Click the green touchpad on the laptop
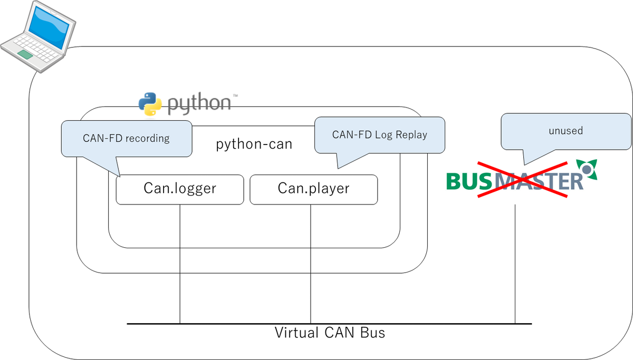click(x=25, y=54)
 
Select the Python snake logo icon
click(x=150, y=103)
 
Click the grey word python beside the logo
click(x=199, y=103)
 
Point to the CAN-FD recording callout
click(x=127, y=138)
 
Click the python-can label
click(x=254, y=144)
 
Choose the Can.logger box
click(x=180, y=189)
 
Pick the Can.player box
click(x=313, y=189)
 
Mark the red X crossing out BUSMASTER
click(x=522, y=180)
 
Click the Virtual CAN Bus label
click(x=330, y=333)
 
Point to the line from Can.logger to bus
click(x=180, y=264)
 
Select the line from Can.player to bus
click(x=311, y=264)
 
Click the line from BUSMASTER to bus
click(x=515, y=264)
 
